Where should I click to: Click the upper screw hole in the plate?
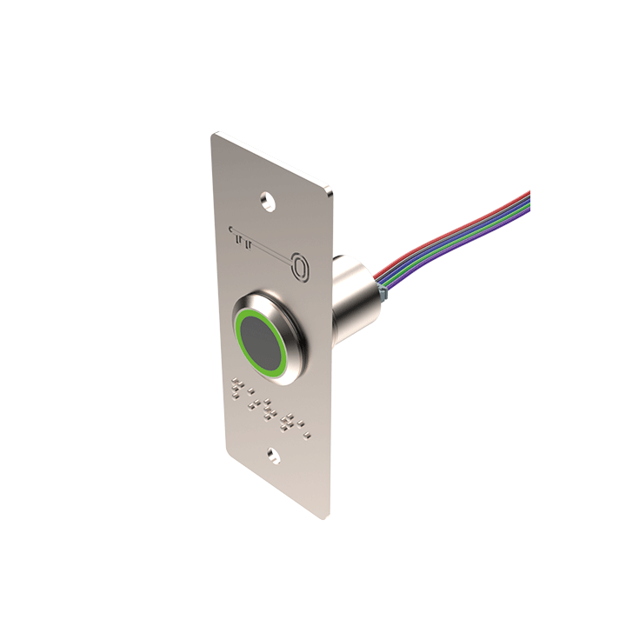(271, 202)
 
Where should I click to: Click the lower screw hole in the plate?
(274, 455)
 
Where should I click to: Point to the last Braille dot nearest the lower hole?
(306, 429)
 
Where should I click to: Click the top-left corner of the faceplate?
(216, 134)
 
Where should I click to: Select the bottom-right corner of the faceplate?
(328, 516)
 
